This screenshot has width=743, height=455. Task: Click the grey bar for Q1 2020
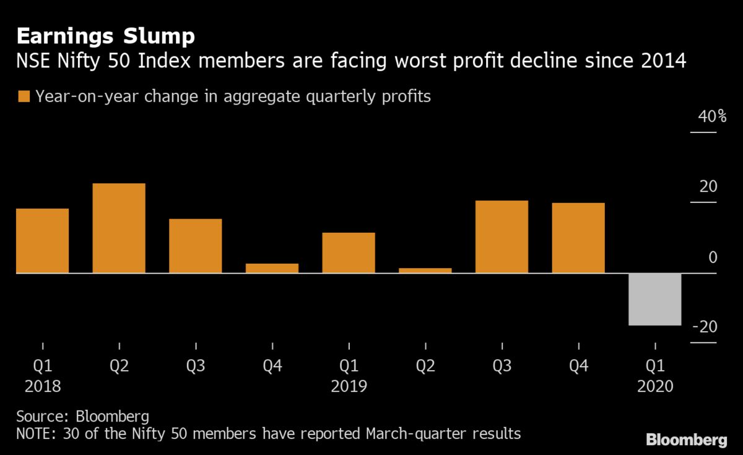tap(655, 299)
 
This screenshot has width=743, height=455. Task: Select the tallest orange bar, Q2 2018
tap(119, 228)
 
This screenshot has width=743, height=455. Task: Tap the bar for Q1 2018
tap(42, 240)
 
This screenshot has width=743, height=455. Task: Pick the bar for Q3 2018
tap(196, 246)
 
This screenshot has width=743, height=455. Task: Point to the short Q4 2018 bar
tap(272, 268)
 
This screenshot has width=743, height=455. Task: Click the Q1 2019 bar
tap(349, 253)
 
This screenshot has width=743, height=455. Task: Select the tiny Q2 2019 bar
tap(425, 271)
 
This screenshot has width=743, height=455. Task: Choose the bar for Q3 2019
tap(502, 236)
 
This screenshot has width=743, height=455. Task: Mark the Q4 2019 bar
tap(578, 238)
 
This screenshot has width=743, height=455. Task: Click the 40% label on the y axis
tap(712, 116)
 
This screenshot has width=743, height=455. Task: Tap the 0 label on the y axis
tap(713, 257)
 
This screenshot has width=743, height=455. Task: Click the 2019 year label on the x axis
tap(349, 387)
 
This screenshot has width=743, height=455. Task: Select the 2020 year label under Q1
tap(655, 387)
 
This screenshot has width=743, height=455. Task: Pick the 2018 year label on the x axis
tap(43, 387)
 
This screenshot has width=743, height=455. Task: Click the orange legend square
tap(25, 97)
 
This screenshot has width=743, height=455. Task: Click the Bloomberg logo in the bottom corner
tap(686, 440)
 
